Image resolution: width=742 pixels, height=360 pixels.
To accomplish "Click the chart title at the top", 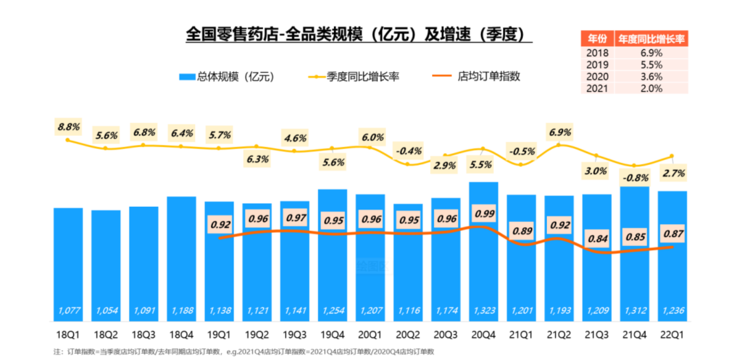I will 359,34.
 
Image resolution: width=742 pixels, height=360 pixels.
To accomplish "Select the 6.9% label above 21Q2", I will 560,131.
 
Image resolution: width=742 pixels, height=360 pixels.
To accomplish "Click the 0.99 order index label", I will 484,214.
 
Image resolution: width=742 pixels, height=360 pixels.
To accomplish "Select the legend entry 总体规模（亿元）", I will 227,77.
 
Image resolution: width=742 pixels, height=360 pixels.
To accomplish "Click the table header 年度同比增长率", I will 651,38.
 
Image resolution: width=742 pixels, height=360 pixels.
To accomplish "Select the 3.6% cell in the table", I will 651,76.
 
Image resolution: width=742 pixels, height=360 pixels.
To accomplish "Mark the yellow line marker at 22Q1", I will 672,156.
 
